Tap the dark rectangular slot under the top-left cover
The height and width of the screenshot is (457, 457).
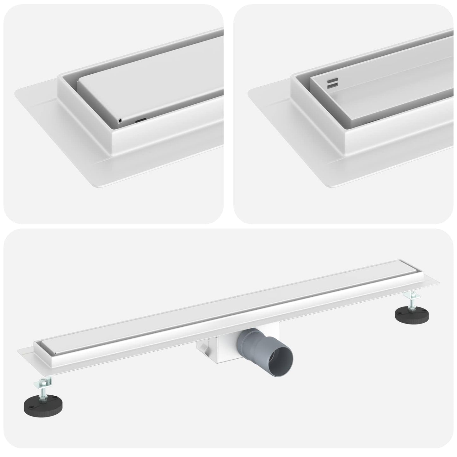pyautogui.click(x=141, y=120)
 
